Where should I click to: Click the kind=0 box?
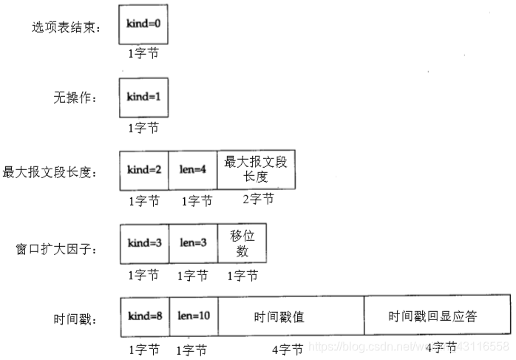coord(143,24)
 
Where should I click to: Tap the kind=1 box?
coord(143,97)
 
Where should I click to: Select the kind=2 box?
coord(144,169)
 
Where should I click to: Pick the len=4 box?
coord(192,169)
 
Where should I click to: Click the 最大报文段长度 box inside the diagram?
coord(257,169)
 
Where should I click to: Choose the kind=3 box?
coord(144,243)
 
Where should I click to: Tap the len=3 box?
coord(192,243)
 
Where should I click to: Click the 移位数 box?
coord(242,243)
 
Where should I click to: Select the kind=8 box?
coord(144,316)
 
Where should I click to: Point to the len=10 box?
coord(192,316)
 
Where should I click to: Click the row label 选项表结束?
coord(66,28)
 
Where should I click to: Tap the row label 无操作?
coord(77,99)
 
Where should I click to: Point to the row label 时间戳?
coord(77,320)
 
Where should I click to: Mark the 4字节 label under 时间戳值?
coord(288,348)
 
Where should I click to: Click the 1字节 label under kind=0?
coord(143,53)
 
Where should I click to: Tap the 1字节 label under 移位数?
coord(242,275)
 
